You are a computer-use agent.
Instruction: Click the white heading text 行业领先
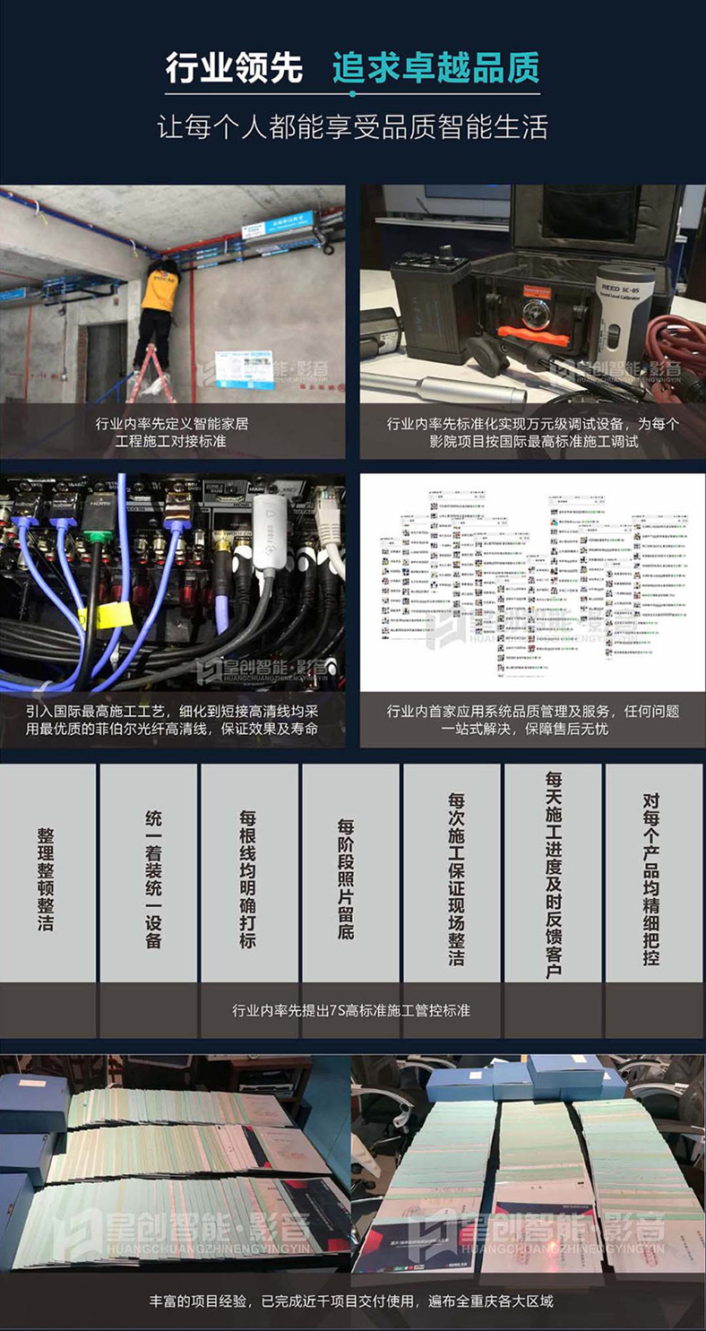[234, 67]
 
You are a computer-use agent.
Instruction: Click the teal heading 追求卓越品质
[435, 67]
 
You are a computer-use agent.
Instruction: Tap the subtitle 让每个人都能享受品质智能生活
[352, 125]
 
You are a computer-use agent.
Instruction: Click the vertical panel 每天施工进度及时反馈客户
[553, 874]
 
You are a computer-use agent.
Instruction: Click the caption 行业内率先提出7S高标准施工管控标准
[351, 1010]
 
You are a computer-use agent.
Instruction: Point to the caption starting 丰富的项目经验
[351, 1300]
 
